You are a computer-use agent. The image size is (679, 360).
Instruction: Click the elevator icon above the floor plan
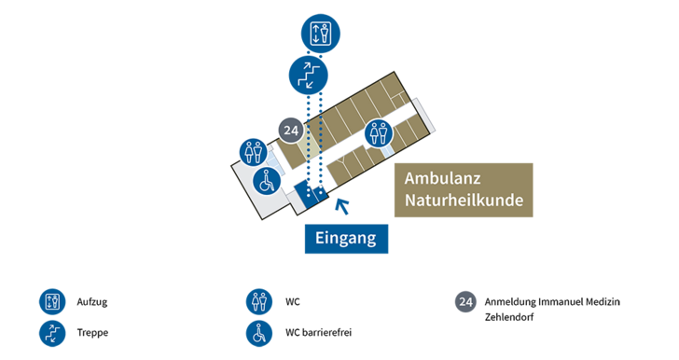point(321,34)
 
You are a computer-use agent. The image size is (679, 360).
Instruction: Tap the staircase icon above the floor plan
point(309,75)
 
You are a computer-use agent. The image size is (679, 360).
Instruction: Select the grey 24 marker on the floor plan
point(291,131)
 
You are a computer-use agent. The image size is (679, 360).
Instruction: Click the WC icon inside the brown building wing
point(379,133)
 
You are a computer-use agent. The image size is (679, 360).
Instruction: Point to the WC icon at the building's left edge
point(254,152)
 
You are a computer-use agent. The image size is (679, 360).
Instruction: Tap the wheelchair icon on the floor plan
point(267,181)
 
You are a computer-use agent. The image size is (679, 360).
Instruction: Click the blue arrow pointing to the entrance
point(342,206)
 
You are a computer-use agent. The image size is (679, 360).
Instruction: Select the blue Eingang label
point(346,238)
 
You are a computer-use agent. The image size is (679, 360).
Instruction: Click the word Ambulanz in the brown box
point(442,178)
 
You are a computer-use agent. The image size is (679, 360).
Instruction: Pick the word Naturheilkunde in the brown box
point(464,201)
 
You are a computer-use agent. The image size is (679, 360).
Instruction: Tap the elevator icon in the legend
point(52,301)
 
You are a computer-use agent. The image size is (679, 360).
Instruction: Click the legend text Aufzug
point(92,302)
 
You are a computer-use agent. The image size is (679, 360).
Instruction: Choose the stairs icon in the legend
point(52,333)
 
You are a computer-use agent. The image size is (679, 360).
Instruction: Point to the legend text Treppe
point(92,333)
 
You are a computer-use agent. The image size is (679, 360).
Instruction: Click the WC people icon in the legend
point(259,301)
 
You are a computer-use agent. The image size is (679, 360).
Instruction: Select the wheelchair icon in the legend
point(259,333)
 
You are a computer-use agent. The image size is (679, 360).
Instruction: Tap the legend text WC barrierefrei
point(318,333)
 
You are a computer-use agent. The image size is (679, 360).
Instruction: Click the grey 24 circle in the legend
point(465,301)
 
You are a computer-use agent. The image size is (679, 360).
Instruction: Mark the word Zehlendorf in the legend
point(509,317)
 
